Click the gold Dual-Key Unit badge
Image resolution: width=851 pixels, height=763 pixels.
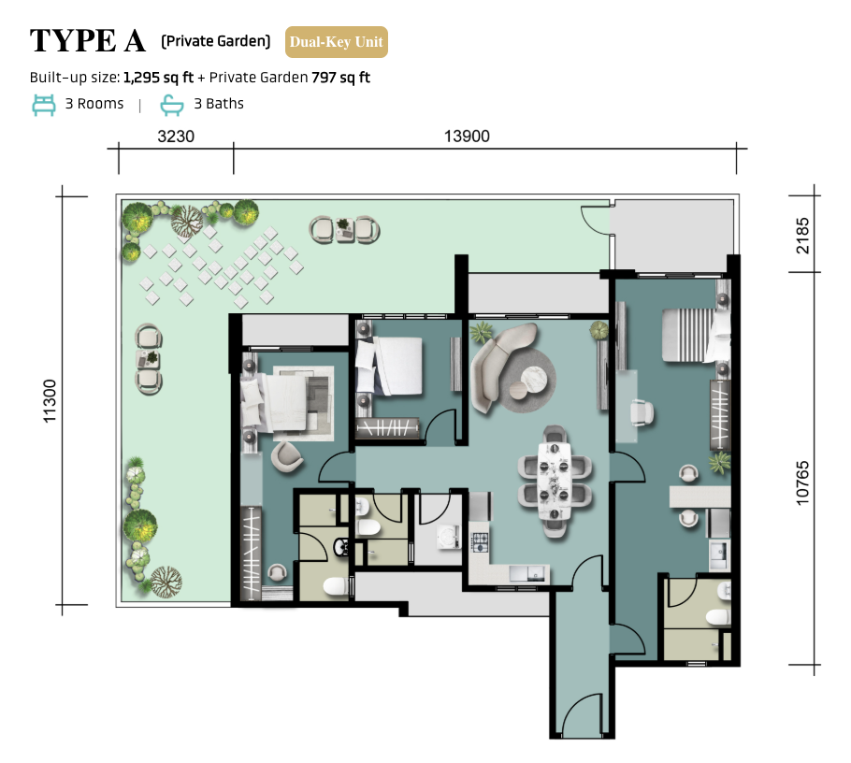(337, 42)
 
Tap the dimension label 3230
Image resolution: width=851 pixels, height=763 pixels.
(176, 137)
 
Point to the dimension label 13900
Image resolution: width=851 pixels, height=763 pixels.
(467, 137)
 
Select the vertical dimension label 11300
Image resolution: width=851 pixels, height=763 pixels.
(50, 401)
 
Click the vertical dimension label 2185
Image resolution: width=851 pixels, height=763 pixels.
(802, 236)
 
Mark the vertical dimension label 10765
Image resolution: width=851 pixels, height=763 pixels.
(802, 483)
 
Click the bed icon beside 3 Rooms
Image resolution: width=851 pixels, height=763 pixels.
(43, 105)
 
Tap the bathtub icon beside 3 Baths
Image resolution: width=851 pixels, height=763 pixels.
(172, 106)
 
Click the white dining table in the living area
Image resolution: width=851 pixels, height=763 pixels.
(555, 482)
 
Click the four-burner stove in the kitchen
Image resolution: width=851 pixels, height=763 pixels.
(480, 542)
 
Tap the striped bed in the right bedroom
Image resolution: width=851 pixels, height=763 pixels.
(695, 335)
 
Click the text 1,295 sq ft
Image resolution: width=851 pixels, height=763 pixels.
(158, 78)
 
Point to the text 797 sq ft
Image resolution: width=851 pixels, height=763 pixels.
(340, 78)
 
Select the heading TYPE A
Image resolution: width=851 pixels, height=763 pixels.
(88, 41)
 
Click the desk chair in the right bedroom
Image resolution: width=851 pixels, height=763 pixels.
(642, 412)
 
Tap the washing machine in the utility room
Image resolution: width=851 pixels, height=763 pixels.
(448, 536)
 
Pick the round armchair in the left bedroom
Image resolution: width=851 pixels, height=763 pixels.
(287, 456)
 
